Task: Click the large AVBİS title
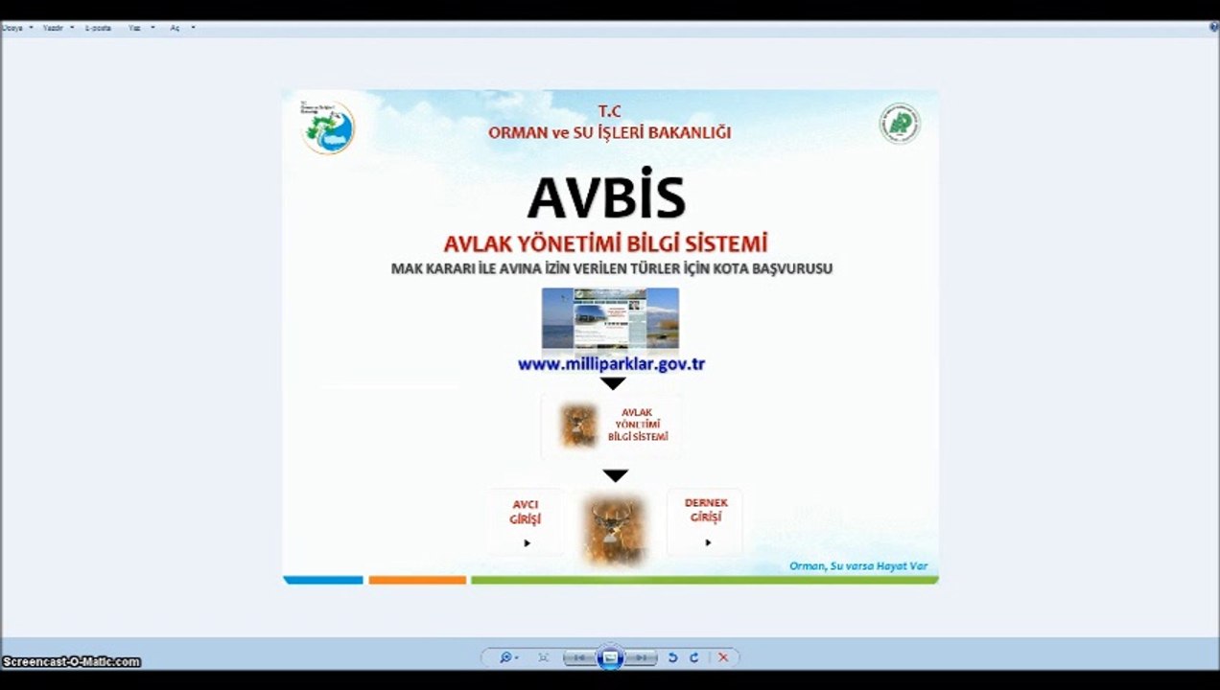[x=606, y=197]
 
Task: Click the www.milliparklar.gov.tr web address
[x=611, y=364]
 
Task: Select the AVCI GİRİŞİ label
[x=525, y=512]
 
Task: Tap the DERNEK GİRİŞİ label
[x=706, y=510]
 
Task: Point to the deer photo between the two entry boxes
[x=614, y=528]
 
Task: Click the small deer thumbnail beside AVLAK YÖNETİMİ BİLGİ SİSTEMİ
[x=578, y=425]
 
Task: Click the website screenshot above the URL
[x=610, y=318]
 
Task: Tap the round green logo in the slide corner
[x=899, y=124]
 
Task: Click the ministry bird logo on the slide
[x=328, y=127]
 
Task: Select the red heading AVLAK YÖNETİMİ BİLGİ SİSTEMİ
[x=605, y=244]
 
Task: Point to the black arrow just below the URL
[x=613, y=383]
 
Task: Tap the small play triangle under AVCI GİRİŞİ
[x=527, y=543]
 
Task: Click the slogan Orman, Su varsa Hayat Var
[x=857, y=565]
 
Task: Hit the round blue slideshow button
[x=610, y=657]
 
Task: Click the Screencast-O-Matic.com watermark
[x=71, y=661]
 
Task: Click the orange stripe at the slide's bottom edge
[x=417, y=580]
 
